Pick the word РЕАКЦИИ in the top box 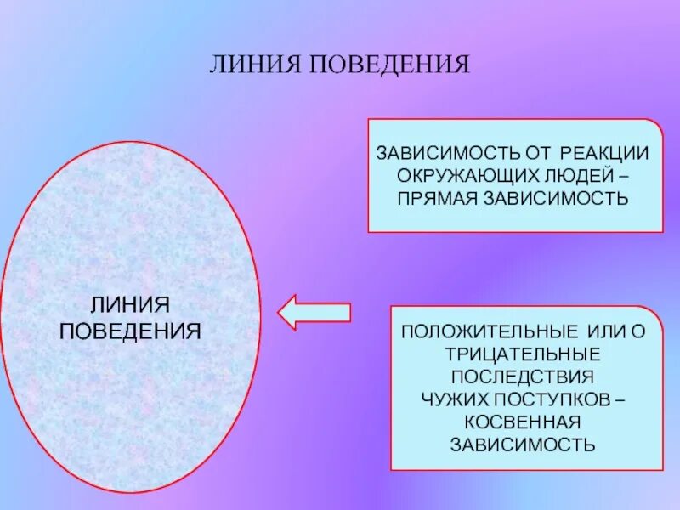(604, 154)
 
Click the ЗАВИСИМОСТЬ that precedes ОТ (447, 154)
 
